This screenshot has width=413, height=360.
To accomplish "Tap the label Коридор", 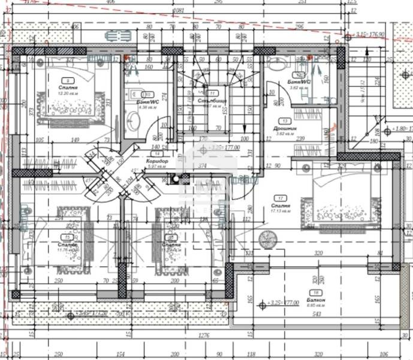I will coord(156,162).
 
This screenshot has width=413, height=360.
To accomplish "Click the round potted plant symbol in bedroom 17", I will coord(267,239).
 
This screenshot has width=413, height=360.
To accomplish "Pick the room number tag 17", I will coord(279,198).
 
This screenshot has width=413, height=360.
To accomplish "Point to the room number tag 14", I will coord(156,154).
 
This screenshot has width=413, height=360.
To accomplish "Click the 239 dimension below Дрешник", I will coord(300,139).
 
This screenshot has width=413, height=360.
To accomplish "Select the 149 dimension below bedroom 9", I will coord(76,140).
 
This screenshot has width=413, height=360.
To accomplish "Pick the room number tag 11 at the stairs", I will coord(212,93).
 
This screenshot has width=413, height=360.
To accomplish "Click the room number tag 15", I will coord(68,238).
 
